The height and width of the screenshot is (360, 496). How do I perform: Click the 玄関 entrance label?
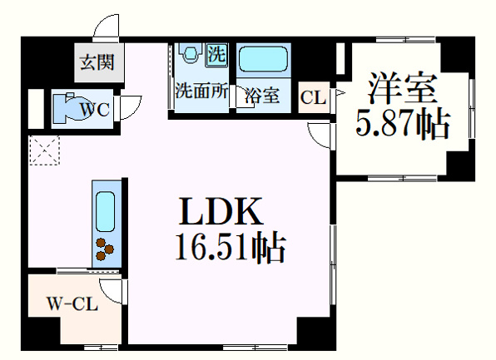(97, 62)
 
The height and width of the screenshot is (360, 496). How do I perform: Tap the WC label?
(95, 110)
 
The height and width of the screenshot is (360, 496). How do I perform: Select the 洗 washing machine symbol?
(216, 55)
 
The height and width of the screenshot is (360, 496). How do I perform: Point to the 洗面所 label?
(201, 91)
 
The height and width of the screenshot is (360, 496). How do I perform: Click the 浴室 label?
(262, 95)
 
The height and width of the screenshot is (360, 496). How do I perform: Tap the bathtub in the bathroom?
(263, 59)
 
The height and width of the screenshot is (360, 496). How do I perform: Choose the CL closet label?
(313, 97)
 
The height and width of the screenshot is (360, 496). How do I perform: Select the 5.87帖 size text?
(403, 124)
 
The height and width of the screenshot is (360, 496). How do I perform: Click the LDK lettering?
(221, 211)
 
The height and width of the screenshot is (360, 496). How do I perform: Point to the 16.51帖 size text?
(230, 247)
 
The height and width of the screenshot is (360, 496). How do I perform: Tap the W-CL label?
(72, 304)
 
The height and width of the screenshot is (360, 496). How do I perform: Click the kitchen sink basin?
(106, 211)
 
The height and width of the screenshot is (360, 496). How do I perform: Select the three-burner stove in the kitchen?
(105, 249)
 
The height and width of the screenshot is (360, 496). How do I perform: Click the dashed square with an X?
(44, 150)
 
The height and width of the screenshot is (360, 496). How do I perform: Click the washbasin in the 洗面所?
(191, 52)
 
